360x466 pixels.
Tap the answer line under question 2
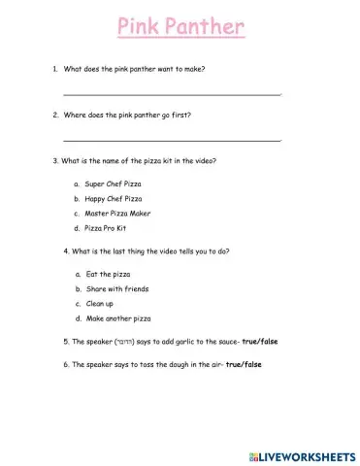pos(172,141)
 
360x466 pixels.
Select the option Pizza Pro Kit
pos(107,228)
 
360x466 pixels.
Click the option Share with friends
pos(116,288)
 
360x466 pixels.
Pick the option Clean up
pos(100,303)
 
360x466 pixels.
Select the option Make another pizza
pos(119,318)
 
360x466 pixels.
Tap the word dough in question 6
pos(177,364)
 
